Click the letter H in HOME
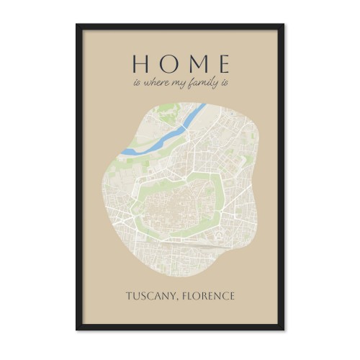pos(140,63)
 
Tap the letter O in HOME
pos(166,63)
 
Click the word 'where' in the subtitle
pos(155,83)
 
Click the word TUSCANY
pos(151,296)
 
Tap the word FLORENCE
pos(209,296)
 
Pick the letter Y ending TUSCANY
pos(174,296)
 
